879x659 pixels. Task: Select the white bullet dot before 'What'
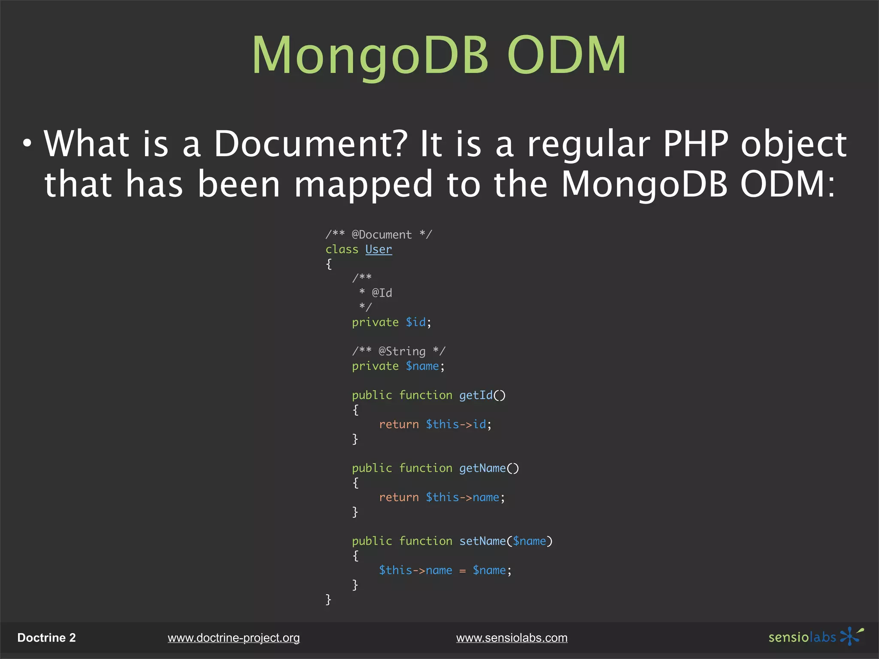(x=27, y=144)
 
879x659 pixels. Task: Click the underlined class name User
(x=379, y=249)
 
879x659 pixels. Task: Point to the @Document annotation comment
(x=381, y=235)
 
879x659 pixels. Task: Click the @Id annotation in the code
(x=382, y=293)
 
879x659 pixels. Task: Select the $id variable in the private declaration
(x=416, y=322)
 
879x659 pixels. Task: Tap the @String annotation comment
(x=402, y=351)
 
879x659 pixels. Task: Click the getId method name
(x=476, y=395)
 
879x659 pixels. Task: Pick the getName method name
(x=482, y=468)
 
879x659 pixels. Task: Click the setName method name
(x=482, y=541)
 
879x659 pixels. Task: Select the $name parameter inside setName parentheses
(x=529, y=541)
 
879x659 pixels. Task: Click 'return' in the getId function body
(x=399, y=424)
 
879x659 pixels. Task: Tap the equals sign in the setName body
(x=462, y=571)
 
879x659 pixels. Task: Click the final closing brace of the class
(x=328, y=599)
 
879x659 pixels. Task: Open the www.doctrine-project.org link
(x=233, y=638)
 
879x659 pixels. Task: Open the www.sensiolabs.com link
(x=512, y=638)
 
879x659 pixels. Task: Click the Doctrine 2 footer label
(x=46, y=638)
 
